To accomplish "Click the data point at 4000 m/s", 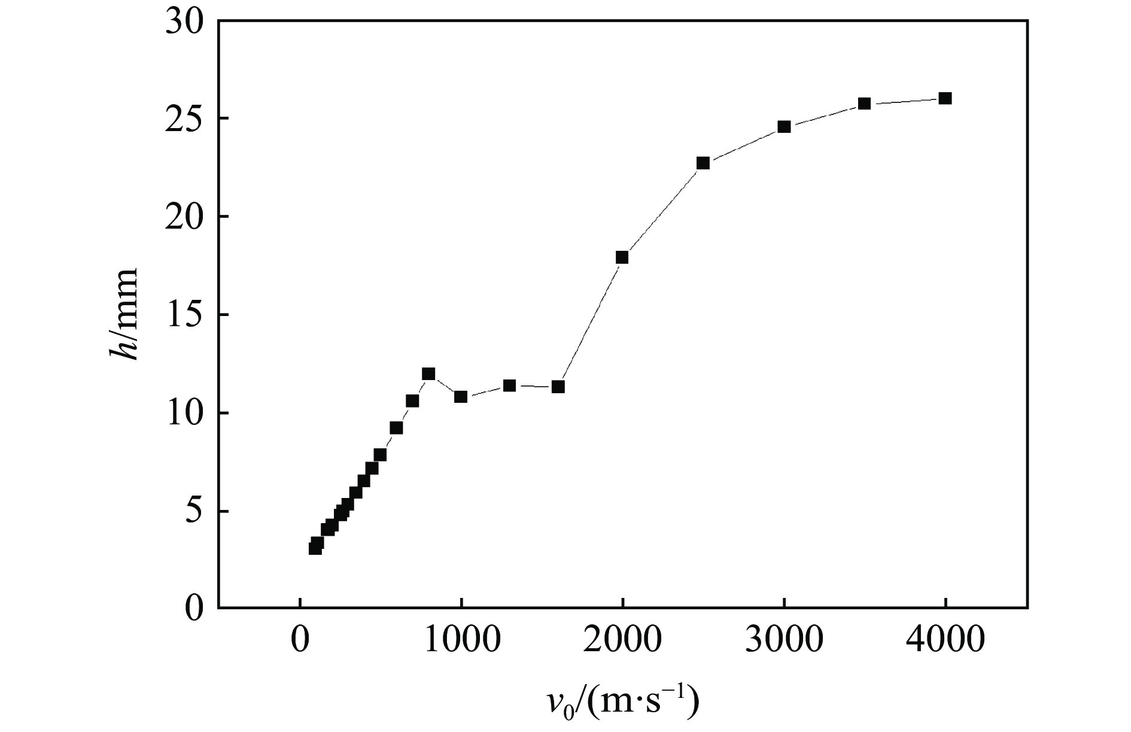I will [945, 99].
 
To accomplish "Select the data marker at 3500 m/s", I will [864, 104].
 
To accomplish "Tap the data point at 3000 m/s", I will [784, 127].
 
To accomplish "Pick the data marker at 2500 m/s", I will [703, 163].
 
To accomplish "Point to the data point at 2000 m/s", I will [622, 257].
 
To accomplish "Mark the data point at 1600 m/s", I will [558, 387].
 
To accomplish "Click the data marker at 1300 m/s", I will [509, 385].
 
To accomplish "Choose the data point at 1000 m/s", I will [461, 397].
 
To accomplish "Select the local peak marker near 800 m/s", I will [428, 374].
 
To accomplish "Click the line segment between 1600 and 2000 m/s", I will [590, 322].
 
